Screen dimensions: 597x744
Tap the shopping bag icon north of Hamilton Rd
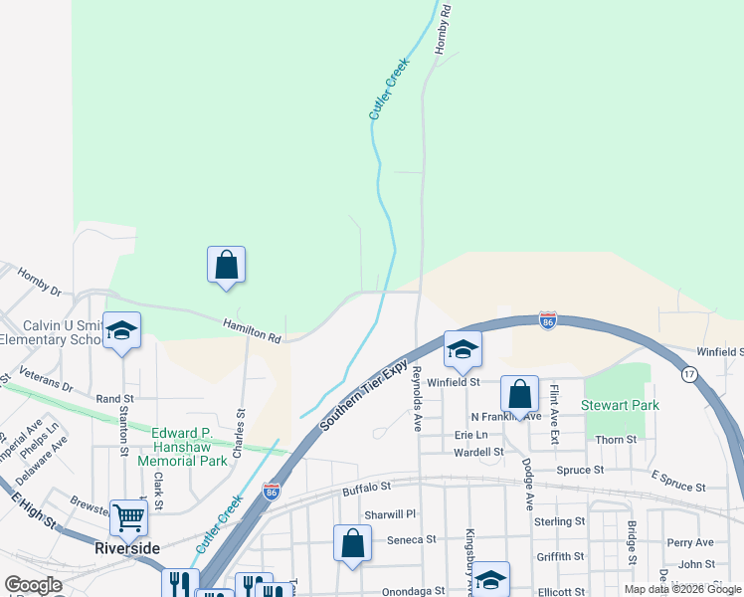(226, 266)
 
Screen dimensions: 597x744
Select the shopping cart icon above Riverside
(129, 517)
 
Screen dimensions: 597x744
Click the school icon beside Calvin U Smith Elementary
(121, 331)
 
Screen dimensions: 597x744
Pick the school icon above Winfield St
(463, 350)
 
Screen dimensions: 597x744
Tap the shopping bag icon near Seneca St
(352, 543)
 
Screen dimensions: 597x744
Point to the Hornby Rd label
(445, 28)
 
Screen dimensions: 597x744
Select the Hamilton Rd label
(251, 330)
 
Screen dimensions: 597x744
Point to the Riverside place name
(127, 548)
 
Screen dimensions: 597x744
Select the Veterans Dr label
(45, 379)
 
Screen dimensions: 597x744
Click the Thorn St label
(617, 440)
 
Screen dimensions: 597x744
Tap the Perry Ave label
(690, 542)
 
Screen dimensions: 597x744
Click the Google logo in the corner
(33, 585)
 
